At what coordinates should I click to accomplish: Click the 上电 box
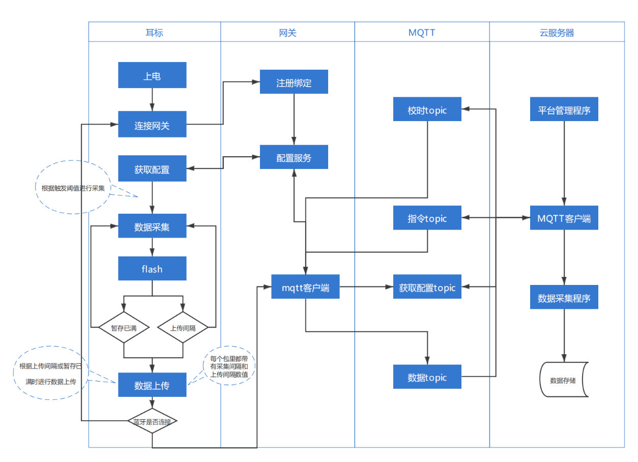(x=152, y=75)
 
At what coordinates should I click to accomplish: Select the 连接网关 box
(x=152, y=125)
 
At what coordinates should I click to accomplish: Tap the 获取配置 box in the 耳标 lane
(x=152, y=169)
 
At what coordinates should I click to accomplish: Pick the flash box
(x=152, y=268)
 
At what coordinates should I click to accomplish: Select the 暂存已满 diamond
(x=124, y=328)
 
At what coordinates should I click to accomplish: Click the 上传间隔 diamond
(x=183, y=328)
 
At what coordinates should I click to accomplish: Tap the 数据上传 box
(x=152, y=385)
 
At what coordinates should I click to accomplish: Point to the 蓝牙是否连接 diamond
(x=152, y=421)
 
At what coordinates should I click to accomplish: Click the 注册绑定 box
(x=294, y=82)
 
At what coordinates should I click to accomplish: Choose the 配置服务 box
(x=294, y=157)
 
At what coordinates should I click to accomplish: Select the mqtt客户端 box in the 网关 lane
(x=305, y=287)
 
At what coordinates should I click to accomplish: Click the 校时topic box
(x=427, y=109)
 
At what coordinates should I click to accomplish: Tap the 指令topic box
(x=427, y=218)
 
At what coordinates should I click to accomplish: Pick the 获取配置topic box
(x=427, y=287)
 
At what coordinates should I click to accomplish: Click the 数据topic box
(x=427, y=377)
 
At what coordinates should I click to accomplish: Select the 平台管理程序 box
(x=564, y=109)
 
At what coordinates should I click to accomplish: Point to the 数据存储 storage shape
(x=563, y=380)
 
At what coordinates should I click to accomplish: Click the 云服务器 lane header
(x=557, y=33)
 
